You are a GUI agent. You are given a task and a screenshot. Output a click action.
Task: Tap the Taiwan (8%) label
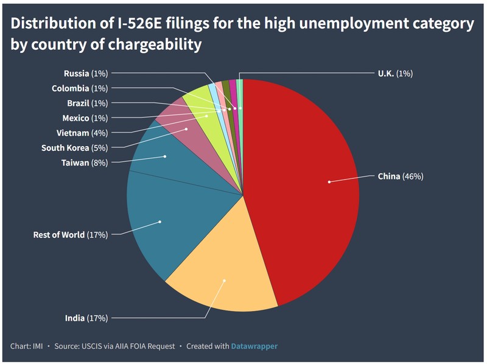pos(85,163)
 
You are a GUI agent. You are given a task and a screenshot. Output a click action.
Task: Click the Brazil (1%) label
pos(87,103)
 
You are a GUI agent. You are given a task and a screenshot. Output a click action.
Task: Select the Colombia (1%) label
pos(80,88)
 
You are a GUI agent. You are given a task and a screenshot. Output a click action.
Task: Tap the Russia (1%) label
pos(86,74)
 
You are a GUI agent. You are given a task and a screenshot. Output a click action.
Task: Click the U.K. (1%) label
pos(395,74)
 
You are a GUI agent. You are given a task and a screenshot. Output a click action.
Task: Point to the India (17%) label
pos(86,318)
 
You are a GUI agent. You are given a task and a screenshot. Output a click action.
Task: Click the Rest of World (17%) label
pos(70,234)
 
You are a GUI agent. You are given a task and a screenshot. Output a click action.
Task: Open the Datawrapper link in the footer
pos(254,346)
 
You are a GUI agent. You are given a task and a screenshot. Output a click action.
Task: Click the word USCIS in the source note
pos(95,346)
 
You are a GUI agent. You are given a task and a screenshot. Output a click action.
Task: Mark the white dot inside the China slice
pos(329,181)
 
